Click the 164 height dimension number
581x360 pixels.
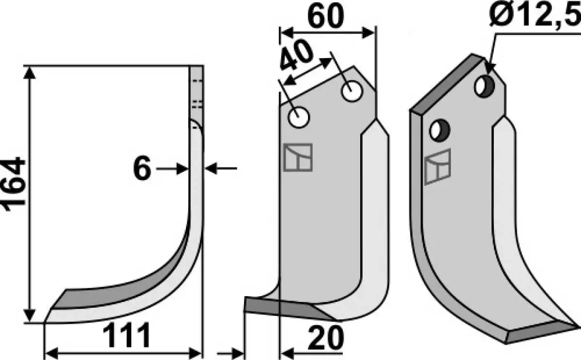click(x=14, y=184)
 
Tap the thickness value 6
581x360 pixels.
click(x=142, y=168)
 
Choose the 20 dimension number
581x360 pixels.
click(x=326, y=338)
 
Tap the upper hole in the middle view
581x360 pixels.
click(x=352, y=91)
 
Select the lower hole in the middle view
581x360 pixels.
click(x=299, y=118)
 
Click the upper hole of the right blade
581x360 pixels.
click(x=484, y=87)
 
